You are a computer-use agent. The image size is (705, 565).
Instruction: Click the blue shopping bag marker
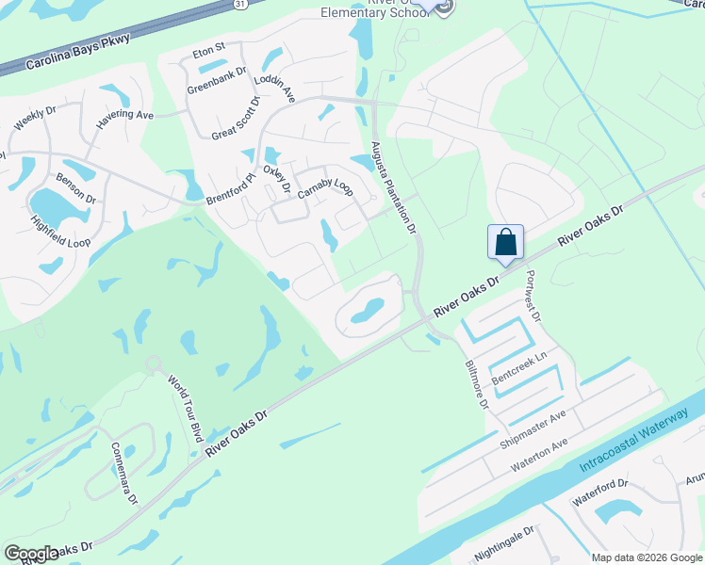pyautogui.click(x=505, y=242)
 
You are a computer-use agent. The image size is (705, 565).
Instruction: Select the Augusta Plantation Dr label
pyautogui.click(x=394, y=188)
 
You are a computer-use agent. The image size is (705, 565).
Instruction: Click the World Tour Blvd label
pyautogui.click(x=186, y=409)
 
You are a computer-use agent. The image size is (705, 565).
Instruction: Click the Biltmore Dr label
pyautogui.click(x=476, y=384)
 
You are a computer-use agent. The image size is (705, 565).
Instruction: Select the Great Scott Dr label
pyautogui.click(x=236, y=118)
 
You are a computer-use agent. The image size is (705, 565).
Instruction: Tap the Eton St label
pyautogui.click(x=208, y=47)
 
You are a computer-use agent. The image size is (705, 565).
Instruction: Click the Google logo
pyautogui.click(x=31, y=554)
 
